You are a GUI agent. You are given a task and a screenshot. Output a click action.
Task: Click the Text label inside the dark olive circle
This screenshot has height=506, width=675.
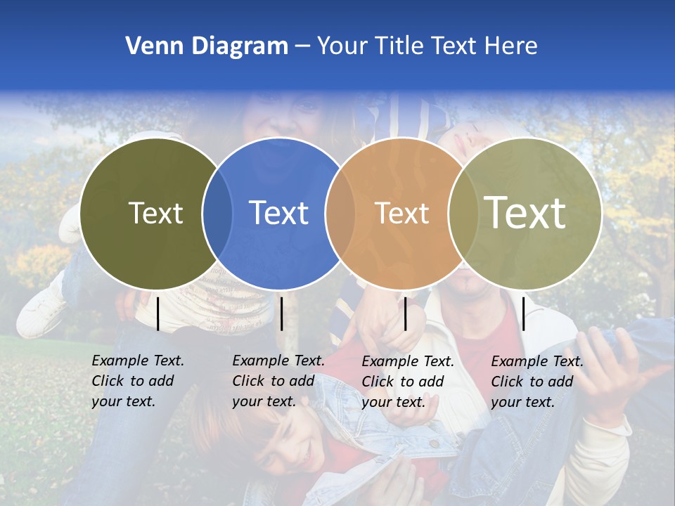click(155, 213)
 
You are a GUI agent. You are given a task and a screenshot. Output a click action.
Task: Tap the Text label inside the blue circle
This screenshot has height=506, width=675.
click(278, 213)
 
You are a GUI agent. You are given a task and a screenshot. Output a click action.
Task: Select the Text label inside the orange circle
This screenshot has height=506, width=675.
click(401, 213)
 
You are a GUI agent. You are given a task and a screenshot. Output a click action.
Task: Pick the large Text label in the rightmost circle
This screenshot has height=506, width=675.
click(525, 212)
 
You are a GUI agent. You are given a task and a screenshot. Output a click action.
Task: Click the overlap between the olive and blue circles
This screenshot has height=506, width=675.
click(217, 214)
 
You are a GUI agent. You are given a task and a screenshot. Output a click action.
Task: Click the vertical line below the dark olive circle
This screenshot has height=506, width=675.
click(158, 313)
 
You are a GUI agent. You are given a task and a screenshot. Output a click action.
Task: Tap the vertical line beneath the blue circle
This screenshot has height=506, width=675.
click(281, 313)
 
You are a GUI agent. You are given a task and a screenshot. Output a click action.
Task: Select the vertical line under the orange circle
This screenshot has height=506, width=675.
click(405, 313)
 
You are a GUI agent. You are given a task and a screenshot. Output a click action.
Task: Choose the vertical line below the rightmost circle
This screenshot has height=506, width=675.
click(523, 313)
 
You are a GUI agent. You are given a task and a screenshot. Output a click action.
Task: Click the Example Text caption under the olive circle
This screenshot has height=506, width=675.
click(138, 381)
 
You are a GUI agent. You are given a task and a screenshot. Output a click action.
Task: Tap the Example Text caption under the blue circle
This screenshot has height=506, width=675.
click(278, 381)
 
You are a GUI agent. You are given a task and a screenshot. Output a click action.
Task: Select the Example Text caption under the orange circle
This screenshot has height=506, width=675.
click(408, 382)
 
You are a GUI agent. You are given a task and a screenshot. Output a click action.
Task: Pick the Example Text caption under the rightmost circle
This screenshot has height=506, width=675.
click(537, 382)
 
